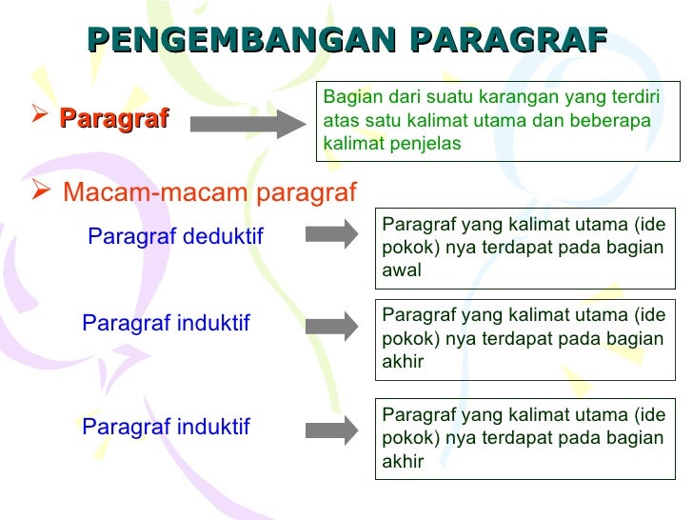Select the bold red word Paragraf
114,118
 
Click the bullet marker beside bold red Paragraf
40,118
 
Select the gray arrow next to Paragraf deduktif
331,234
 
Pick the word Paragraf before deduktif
127,235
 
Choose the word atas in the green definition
340,121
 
